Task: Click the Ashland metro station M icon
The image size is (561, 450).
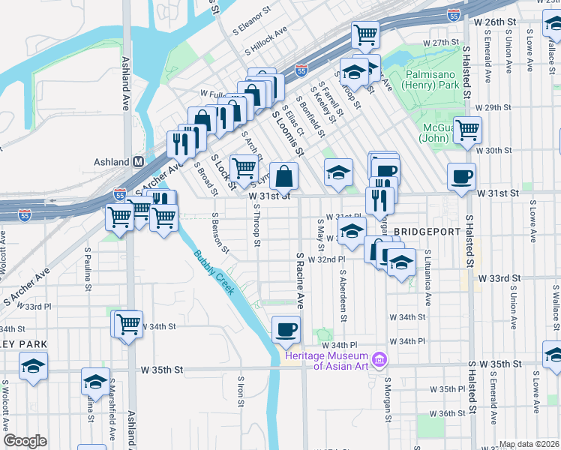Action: pyautogui.click(x=138, y=162)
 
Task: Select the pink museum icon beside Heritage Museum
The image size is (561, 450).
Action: pyautogui.click(x=379, y=360)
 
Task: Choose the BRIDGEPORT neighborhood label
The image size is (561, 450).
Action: pyautogui.click(x=426, y=232)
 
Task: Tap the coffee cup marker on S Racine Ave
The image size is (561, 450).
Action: pyautogui.click(x=286, y=328)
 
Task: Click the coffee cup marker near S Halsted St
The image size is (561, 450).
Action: pyautogui.click(x=461, y=177)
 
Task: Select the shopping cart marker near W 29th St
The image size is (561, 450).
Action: pyautogui.click(x=468, y=130)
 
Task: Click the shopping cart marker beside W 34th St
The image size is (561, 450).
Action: pyautogui.click(x=129, y=325)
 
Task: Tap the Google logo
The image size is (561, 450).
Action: pyautogui.click(x=25, y=441)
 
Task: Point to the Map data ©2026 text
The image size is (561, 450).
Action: pyautogui.click(x=529, y=444)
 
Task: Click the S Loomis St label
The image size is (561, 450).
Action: pyautogui.click(x=287, y=133)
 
